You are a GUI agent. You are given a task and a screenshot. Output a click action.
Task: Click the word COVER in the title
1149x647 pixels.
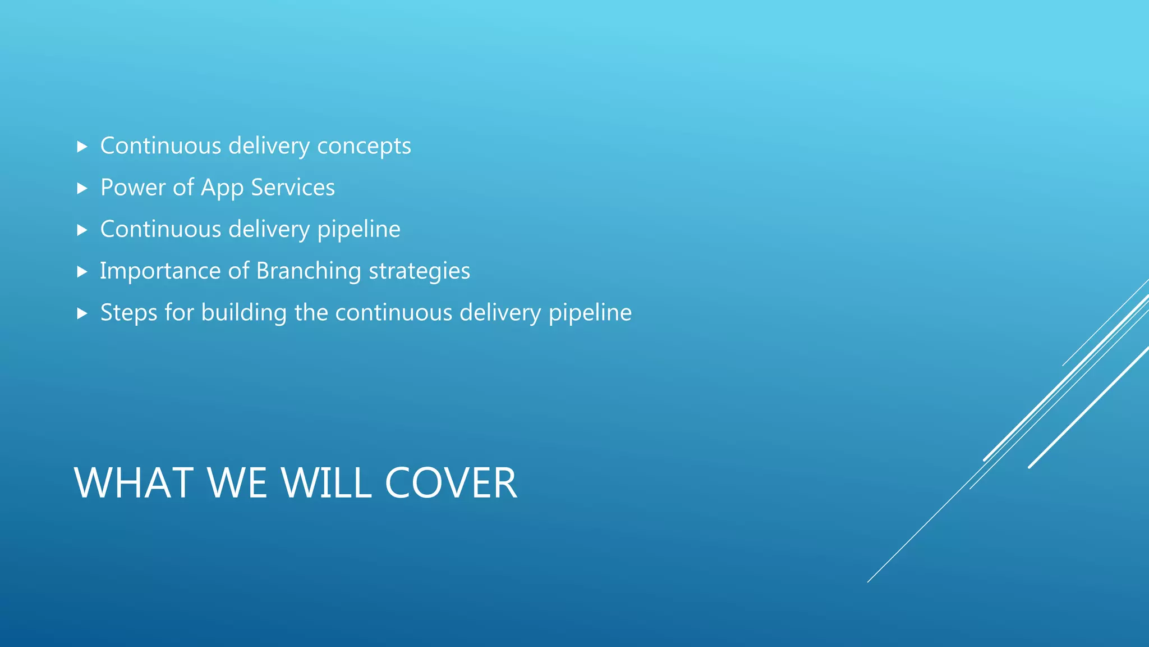(451, 483)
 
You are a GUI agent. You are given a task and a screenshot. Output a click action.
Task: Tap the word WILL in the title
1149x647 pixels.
(326, 483)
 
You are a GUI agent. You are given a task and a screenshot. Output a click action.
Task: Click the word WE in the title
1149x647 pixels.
(237, 483)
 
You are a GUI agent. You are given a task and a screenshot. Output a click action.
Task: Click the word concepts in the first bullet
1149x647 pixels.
(364, 147)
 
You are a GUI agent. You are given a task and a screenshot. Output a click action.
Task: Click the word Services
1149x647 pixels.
(292, 188)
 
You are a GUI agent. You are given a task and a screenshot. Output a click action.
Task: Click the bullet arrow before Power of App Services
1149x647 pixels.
(82, 188)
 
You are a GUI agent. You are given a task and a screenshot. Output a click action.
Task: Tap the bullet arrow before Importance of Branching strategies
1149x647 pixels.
(82, 272)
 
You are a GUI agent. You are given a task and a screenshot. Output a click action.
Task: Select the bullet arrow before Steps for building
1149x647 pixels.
(82, 313)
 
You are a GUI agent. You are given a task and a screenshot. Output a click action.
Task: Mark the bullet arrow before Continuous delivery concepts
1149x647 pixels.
(82, 147)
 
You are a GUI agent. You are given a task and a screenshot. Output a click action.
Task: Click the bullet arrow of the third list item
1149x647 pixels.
(82, 230)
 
